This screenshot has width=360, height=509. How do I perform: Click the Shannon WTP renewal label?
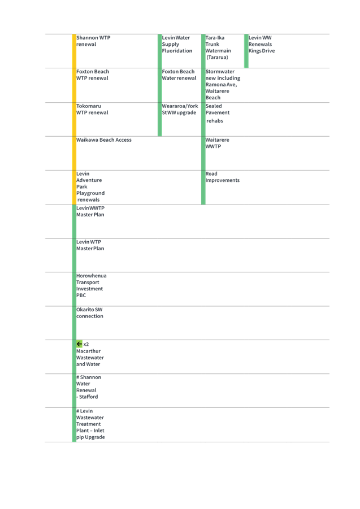point(93,41)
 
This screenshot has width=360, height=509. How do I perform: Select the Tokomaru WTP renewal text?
point(92,109)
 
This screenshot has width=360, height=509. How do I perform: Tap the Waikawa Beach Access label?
point(104,140)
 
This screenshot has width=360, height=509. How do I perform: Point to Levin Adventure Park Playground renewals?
point(90,186)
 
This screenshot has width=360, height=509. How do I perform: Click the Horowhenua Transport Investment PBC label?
point(92,285)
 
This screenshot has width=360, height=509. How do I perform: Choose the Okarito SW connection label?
point(90,313)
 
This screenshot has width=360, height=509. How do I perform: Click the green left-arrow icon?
point(79,343)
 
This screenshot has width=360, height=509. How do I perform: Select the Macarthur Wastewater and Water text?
point(90,354)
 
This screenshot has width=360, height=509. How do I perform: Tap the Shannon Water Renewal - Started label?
point(89,387)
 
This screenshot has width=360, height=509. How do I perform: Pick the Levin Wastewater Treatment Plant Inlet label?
point(90,424)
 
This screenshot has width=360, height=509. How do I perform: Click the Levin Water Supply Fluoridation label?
point(177,44)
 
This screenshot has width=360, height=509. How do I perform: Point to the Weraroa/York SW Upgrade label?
point(180,109)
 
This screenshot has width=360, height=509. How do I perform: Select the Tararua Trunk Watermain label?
point(218,47)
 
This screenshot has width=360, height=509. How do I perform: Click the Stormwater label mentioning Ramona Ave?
point(221,85)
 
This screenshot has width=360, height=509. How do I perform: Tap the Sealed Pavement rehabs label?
point(218,113)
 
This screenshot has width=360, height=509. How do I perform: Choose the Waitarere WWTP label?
point(218,143)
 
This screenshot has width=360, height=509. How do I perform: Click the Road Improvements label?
point(222,177)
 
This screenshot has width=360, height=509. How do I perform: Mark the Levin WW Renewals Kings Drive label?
point(262,44)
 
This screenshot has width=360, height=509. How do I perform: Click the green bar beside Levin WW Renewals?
point(246,51)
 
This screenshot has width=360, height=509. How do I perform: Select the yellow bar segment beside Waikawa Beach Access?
point(74,153)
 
